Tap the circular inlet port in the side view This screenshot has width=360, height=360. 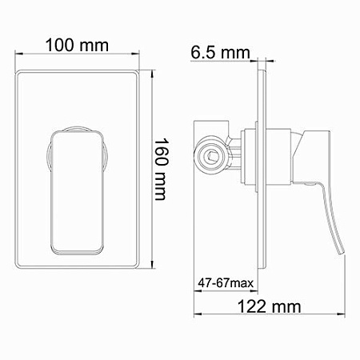[x=211, y=155]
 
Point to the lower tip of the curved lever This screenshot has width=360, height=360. [x=342, y=254]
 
